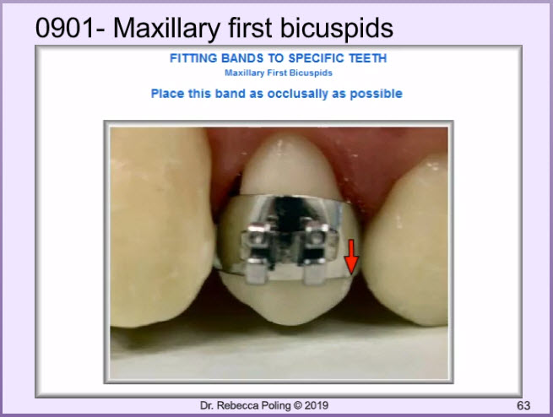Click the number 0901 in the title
(x=65, y=28)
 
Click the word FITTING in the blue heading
(x=193, y=58)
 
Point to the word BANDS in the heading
(x=242, y=58)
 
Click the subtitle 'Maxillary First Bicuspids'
(x=279, y=73)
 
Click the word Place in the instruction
(x=167, y=94)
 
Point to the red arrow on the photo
(x=351, y=257)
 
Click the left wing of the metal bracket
(x=257, y=253)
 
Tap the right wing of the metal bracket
(x=317, y=253)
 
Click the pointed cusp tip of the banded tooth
(x=292, y=322)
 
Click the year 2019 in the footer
(x=317, y=406)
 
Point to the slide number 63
(x=523, y=406)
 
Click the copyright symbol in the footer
(x=298, y=406)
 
